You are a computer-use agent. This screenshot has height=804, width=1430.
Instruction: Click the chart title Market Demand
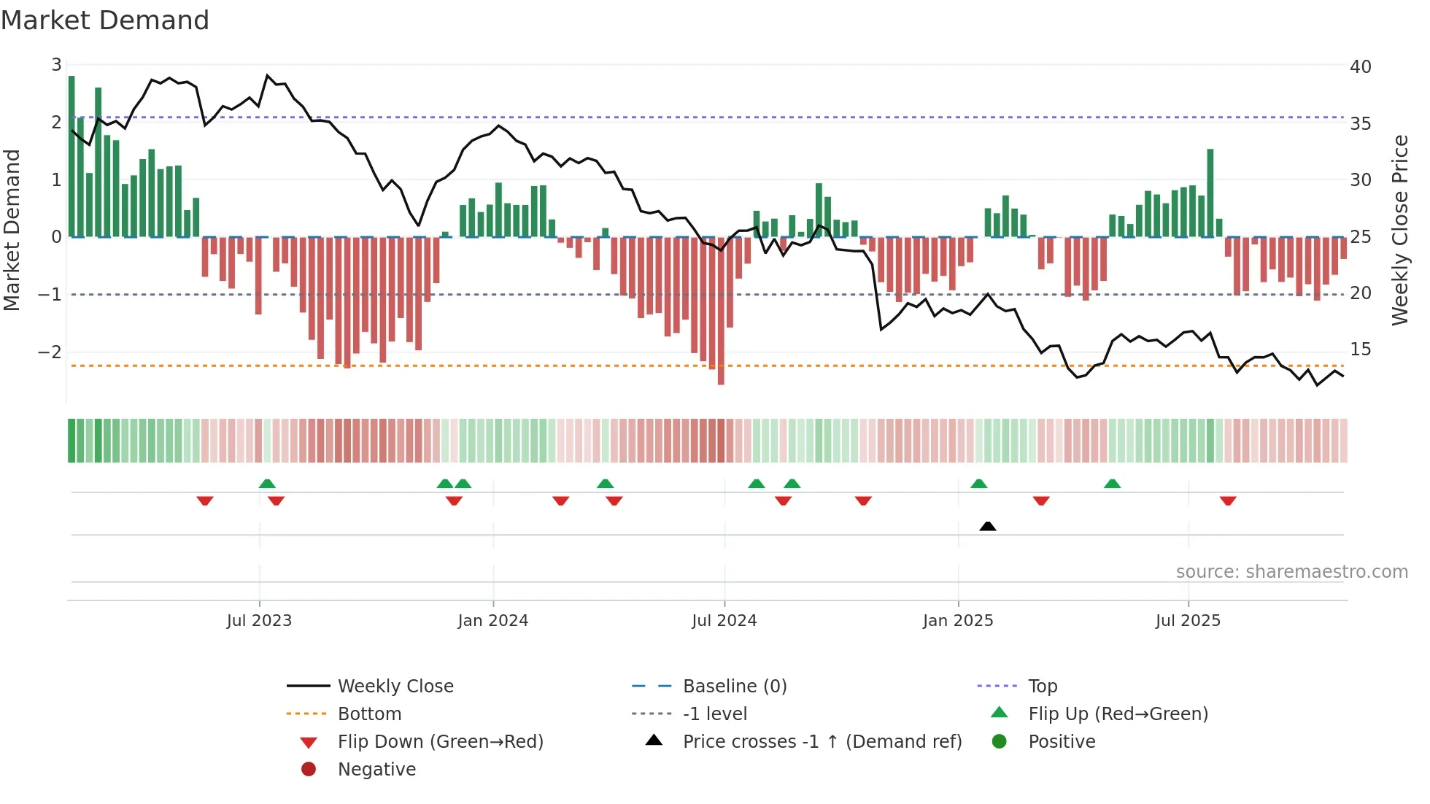105,20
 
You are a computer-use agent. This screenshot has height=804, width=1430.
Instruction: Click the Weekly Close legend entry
395,686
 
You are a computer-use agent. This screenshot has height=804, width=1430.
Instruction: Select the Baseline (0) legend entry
734,686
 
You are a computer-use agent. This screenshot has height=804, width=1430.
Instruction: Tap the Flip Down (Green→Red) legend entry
440,741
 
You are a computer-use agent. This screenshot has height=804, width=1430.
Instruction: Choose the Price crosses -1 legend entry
822,741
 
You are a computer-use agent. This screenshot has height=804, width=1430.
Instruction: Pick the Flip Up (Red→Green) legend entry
1118,714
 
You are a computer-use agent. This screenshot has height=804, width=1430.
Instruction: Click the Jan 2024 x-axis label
492,620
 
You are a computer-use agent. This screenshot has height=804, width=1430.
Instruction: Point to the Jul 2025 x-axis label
1187,620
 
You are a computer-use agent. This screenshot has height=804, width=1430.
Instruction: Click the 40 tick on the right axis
1360,66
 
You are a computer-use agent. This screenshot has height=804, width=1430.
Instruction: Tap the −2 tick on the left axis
50,352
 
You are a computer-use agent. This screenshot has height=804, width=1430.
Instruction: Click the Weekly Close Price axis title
1399,230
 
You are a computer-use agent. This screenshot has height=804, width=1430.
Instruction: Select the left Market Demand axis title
12,230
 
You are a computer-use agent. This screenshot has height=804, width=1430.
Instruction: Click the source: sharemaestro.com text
1291,571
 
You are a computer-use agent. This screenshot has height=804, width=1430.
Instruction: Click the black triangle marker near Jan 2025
987,526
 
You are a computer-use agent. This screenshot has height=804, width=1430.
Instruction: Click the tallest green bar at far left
71,157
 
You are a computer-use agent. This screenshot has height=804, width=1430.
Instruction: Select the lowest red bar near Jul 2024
721,310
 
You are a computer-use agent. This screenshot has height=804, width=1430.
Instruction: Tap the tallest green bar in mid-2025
1210,193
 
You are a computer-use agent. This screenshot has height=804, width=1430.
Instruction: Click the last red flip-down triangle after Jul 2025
1228,500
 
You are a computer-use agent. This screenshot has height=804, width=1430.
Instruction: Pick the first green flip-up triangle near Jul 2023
267,484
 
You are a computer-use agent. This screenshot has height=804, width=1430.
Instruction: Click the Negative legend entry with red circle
376,769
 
